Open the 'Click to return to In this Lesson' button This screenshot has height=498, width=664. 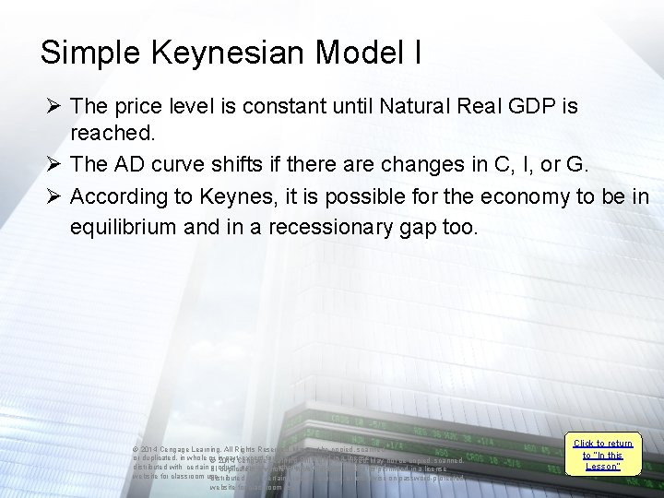coord(603,455)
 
